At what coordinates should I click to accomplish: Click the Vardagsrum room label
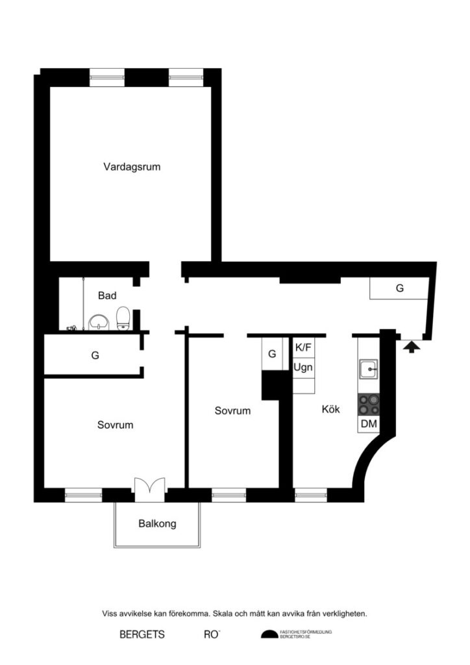pos(132,167)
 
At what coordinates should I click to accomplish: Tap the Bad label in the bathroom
pos(107,296)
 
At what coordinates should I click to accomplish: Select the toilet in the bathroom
pos(122,318)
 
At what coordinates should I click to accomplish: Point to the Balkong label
pos(157,523)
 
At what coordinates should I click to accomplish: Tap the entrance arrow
pos(410,347)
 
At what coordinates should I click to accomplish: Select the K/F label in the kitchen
pos(303,347)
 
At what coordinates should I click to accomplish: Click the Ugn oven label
pos(303,367)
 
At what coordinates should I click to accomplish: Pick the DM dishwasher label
pos(369,424)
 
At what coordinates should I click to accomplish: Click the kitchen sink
pos(369,370)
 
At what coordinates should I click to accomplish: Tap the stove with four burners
pos(369,405)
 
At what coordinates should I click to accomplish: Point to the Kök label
pos(330,410)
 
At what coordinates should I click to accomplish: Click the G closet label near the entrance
pos(399,288)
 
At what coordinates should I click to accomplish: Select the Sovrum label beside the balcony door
pos(116,425)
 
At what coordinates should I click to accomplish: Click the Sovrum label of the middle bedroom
pos(233,411)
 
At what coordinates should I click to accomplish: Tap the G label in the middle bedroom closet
pos(273,354)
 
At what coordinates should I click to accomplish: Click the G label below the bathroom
pos(95,355)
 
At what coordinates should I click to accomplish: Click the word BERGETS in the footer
pos(142,634)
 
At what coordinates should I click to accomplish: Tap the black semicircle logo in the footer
pos(269,634)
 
